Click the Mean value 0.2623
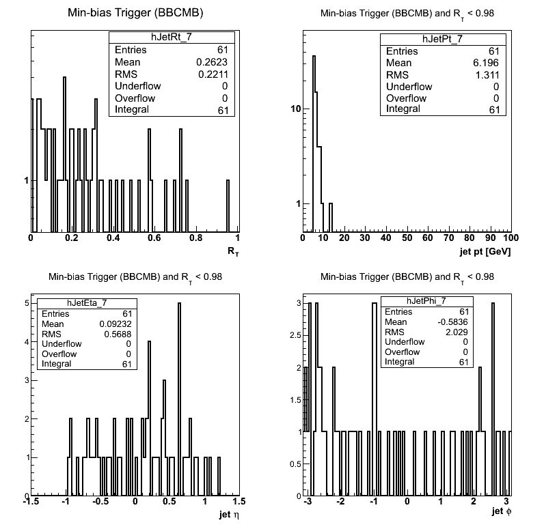212,62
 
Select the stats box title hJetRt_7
172,37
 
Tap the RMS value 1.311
487,75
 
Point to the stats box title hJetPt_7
443,39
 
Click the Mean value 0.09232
115,324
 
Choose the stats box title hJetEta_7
87,303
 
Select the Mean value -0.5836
452,322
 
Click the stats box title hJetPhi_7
426,301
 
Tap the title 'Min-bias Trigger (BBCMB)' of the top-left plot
135,13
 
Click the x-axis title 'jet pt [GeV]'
485,251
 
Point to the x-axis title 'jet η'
229,515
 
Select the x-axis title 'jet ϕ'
502,511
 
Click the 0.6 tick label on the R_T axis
154,238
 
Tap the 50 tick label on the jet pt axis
407,238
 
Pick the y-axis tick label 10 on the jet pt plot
296,109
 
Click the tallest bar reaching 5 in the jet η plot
179,399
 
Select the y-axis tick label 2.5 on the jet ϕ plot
295,335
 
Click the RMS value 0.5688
118,334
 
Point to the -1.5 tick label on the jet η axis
31,501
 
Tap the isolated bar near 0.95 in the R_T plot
228,205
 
